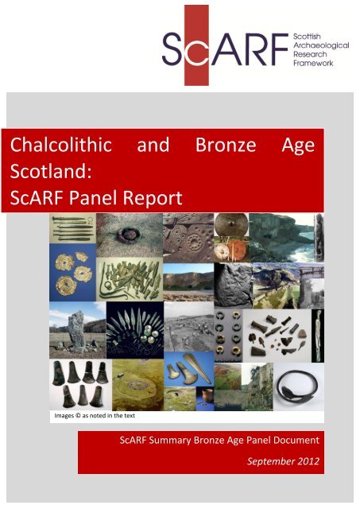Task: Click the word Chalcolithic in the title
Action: click(x=61, y=145)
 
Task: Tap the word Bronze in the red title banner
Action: click(x=226, y=145)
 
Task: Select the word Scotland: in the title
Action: click(x=51, y=172)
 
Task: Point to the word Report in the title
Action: click(x=153, y=198)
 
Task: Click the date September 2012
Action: click(x=283, y=461)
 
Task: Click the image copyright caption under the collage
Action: click(x=95, y=415)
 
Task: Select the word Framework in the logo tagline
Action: click(x=313, y=63)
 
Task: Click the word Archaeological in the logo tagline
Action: click(x=321, y=45)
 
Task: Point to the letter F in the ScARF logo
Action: click(x=278, y=49)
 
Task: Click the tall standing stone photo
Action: click(x=78, y=330)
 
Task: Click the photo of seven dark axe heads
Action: click(x=80, y=385)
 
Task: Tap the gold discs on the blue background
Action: click(x=73, y=273)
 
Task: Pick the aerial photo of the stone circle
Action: click(x=137, y=385)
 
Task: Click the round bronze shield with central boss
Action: click(x=231, y=224)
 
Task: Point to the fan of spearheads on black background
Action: click(x=135, y=330)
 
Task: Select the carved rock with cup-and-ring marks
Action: click(x=188, y=238)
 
